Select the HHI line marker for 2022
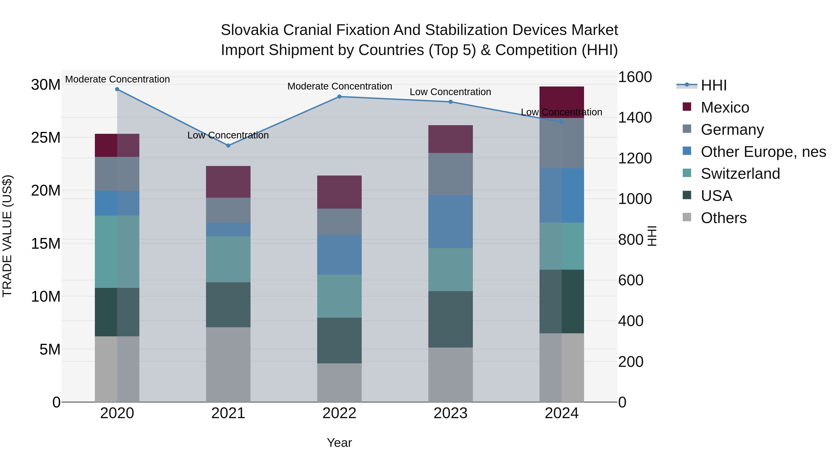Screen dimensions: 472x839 (x=339, y=97)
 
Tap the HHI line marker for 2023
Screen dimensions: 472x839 (x=450, y=102)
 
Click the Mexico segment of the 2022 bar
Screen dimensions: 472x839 (x=339, y=192)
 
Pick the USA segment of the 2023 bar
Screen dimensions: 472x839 (x=450, y=319)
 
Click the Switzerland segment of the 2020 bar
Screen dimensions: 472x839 (x=117, y=252)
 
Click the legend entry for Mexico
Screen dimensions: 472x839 (x=725, y=107)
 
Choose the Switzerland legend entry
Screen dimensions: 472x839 (x=740, y=174)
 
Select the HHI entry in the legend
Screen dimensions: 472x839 (x=713, y=85)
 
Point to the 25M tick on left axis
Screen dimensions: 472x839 (x=46, y=138)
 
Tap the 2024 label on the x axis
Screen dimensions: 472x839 (x=561, y=413)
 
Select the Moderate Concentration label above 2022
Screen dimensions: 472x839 (x=339, y=86)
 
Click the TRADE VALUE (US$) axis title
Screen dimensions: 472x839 (x=7, y=236)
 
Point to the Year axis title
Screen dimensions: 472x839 (x=339, y=443)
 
